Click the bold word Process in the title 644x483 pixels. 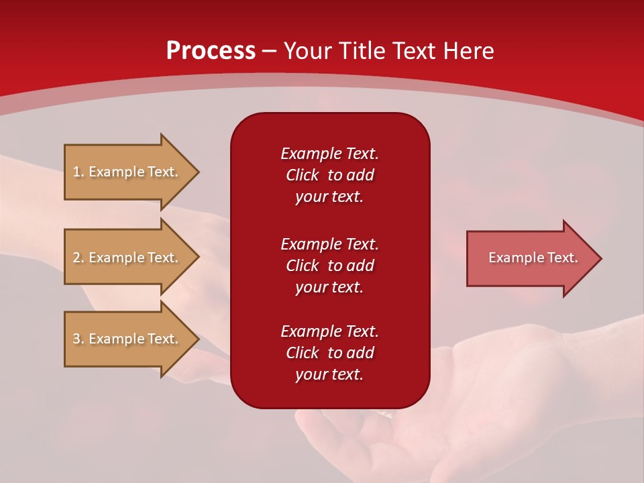coord(211,51)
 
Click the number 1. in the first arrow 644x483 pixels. coord(78,172)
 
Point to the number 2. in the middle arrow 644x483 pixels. coord(78,258)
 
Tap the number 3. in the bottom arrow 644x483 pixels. coord(78,339)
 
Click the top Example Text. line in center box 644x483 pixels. coord(329,154)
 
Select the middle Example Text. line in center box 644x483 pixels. coord(329,244)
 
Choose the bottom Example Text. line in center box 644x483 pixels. coord(329,331)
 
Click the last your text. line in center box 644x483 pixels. coord(329,374)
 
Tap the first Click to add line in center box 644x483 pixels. coord(329,175)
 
